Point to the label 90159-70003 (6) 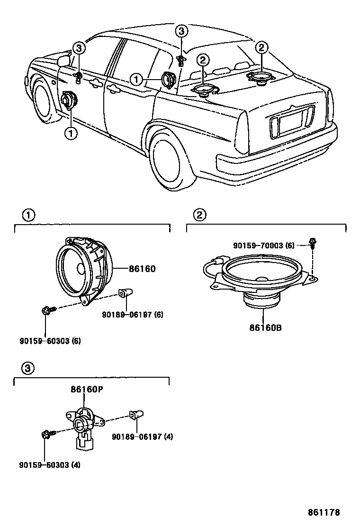click(264, 245)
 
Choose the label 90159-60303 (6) click(50, 340)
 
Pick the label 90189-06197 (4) click(142, 436)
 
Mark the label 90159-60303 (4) click(50, 464)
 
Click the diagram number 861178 click(324, 512)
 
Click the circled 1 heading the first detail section click(28, 215)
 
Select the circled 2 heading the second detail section click(199, 215)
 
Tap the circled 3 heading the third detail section click(28, 368)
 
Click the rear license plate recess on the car click(291, 122)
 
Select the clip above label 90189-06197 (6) click(126, 293)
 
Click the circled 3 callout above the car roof click(182, 32)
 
